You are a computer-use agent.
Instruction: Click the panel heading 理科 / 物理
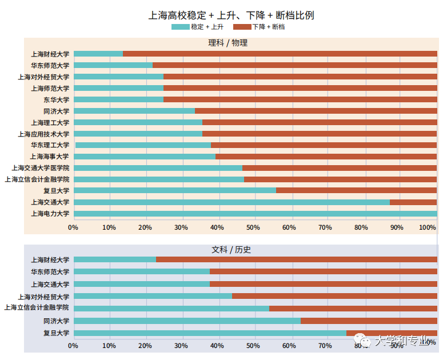tap(228, 43)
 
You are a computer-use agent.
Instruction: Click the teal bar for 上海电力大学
tap(255, 214)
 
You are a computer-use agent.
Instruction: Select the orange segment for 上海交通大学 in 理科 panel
tap(413, 202)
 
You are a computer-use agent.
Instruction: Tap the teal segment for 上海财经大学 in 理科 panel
tap(98, 54)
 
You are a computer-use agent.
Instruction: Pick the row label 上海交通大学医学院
tap(41, 168)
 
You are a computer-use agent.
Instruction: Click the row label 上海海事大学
tap(50, 157)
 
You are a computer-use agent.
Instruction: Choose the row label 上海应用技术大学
tap(43, 134)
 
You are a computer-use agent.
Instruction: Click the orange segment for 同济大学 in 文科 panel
tap(369, 321)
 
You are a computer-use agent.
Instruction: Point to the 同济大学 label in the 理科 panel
tap(56, 111)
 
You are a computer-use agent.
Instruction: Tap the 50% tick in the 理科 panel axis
tap(253, 227)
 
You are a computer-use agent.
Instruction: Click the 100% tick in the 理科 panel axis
tap(428, 227)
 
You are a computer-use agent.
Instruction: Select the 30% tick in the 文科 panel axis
tap(181, 346)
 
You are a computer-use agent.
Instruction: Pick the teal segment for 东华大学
tap(118, 99)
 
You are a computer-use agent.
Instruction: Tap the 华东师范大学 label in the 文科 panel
tap(50, 272)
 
